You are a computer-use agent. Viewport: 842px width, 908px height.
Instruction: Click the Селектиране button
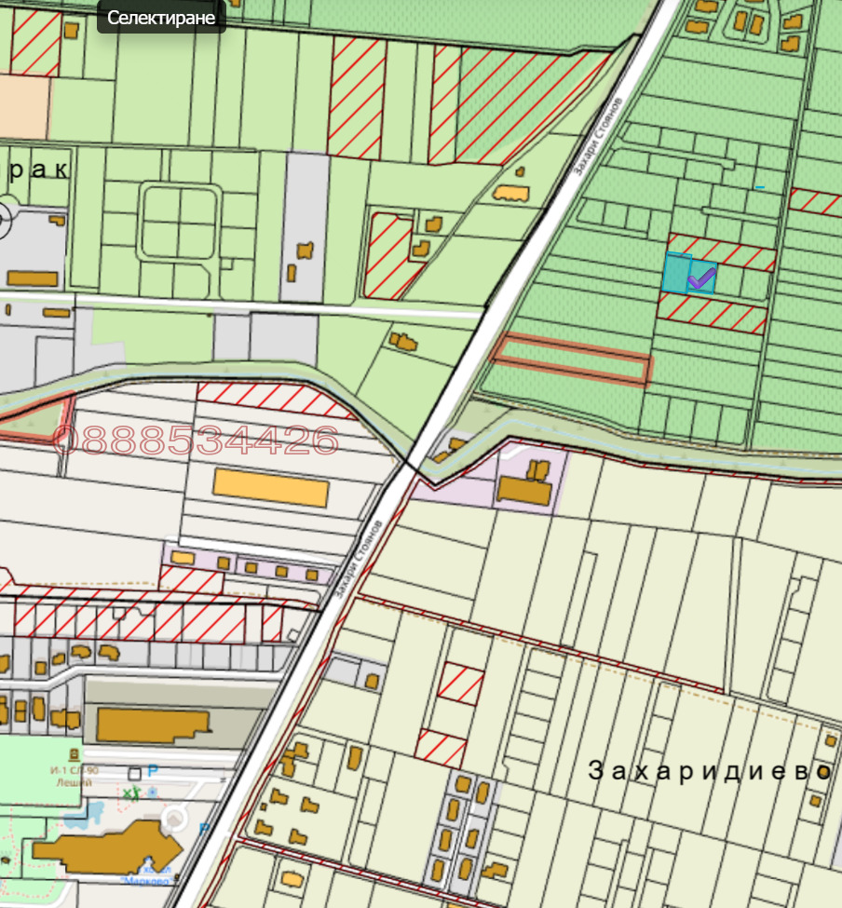click(161, 18)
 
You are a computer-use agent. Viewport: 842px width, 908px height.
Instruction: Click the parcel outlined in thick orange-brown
click(571, 359)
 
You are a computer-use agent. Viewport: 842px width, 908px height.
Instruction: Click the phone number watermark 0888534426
click(197, 440)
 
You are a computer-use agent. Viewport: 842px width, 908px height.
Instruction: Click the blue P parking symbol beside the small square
click(154, 772)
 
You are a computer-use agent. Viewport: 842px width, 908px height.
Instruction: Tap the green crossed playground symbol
click(131, 793)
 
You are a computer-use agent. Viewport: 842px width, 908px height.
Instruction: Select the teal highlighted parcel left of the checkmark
click(674, 272)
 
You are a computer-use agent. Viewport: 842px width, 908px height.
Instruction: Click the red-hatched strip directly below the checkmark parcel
click(713, 313)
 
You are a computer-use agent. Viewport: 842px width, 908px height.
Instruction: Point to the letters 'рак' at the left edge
click(37, 170)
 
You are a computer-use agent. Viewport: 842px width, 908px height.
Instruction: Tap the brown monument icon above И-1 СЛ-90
click(75, 753)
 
